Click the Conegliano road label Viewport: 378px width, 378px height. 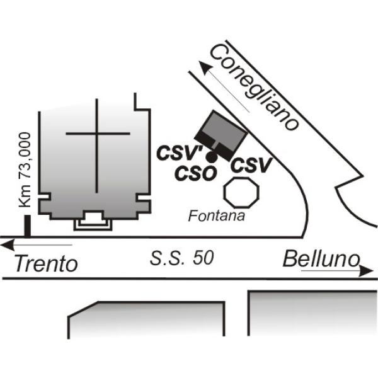(x=255, y=88)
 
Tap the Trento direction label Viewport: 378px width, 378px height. (x=46, y=264)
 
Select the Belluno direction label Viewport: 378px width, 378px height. (x=321, y=259)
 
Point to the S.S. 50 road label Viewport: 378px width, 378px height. (x=182, y=258)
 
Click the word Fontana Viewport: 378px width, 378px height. (x=217, y=216)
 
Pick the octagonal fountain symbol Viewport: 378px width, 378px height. (x=241, y=193)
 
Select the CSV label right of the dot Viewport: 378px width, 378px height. (x=251, y=165)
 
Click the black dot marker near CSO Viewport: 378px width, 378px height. (x=212, y=157)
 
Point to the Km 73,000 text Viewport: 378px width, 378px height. (x=25, y=169)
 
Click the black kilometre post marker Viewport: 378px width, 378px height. (x=28, y=226)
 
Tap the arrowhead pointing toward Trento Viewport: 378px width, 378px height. (x=8, y=246)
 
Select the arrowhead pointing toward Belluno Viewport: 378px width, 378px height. (x=367, y=271)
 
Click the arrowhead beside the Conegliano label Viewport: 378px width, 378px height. (x=205, y=67)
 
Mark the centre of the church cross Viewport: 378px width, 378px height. (x=96, y=134)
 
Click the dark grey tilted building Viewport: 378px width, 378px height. (x=221, y=135)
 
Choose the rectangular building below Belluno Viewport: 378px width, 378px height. (x=313, y=313)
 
